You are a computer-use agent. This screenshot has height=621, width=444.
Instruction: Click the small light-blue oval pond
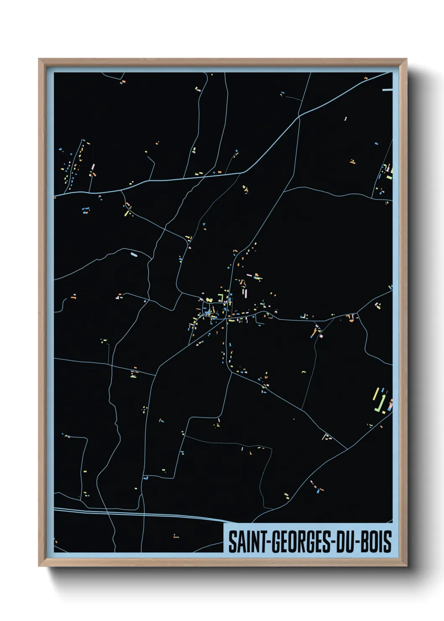click(134, 254)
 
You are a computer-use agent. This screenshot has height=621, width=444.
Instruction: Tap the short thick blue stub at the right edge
click(387, 89)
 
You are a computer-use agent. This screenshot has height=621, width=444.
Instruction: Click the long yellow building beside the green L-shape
click(376, 394)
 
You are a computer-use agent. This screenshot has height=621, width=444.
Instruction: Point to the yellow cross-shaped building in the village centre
click(209, 300)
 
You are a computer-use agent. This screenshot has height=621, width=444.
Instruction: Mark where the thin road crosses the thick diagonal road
click(299, 117)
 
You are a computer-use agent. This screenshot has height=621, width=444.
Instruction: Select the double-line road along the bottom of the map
click(138, 512)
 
